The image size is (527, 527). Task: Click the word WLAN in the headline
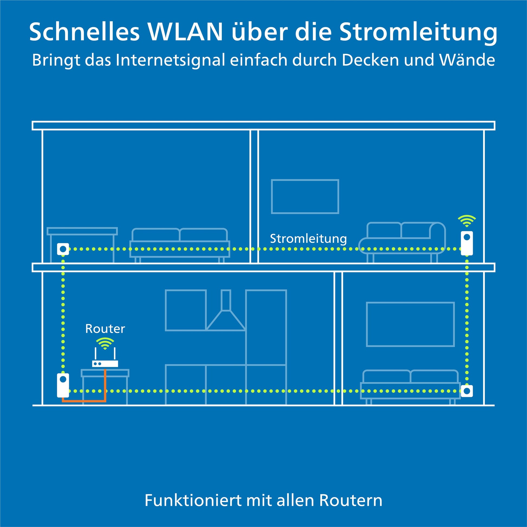click(186, 32)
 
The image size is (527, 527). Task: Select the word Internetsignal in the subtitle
click(171, 60)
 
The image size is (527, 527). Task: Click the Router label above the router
click(105, 329)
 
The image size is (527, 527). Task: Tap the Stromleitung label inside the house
click(308, 239)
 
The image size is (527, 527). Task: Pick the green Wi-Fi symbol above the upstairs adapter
click(467, 221)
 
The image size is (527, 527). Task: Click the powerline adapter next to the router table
click(63, 385)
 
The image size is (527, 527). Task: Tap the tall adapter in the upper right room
click(467, 243)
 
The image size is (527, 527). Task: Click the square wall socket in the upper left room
click(63, 249)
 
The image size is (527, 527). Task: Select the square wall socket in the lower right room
click(467, 391)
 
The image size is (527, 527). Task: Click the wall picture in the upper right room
click(305, 196)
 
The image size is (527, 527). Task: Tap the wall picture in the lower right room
click(410, 324)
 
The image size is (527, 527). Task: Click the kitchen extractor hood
click(226, 310)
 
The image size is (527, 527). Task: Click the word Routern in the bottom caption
click(351, 500)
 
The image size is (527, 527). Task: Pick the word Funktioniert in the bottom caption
click(193, 500)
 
